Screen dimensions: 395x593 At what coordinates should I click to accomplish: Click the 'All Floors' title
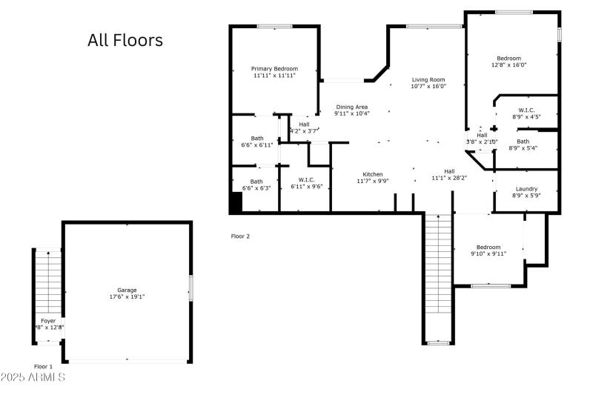[125, 40]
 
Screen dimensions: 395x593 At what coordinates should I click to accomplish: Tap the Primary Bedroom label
[274, 69]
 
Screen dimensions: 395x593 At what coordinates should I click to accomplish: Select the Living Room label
[428, 80]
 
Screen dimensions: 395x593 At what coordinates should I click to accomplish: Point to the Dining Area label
[351, 107]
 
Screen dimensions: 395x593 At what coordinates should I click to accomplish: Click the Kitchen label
[373, 174]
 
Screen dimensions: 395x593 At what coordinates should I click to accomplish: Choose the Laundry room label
[526, 189]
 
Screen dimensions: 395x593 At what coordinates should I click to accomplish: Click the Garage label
[127, 290]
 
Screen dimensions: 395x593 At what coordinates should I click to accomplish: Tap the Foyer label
[48, 321]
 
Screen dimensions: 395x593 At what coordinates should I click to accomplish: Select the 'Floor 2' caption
[241, 236]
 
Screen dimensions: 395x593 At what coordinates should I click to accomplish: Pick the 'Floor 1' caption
[44, 367]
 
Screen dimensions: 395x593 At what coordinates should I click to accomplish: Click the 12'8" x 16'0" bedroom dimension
[508, 64]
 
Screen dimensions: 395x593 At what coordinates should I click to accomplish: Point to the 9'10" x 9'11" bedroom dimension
[488, 253]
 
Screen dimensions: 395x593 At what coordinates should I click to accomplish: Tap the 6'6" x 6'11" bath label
[256, 145]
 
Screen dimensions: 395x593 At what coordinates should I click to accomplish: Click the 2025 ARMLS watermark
[33, 378]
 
